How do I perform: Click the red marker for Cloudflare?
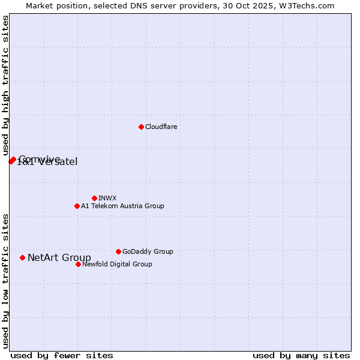[141, 127]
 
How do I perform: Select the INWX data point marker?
[94, 198]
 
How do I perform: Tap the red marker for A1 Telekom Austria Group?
[77, 206]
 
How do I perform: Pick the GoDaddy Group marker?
[118, 251]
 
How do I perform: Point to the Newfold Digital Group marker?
[78, 264]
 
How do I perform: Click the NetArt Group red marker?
[23, 257]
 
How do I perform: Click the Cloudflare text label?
[161, 127]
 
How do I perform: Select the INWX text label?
[107, 198]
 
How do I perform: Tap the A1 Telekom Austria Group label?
[122, 206]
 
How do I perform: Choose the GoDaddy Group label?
[148, 251]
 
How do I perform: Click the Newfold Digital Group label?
[117, 264]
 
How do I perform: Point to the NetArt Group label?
[59, 258]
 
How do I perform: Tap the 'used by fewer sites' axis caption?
[62, 355]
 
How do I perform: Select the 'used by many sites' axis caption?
[301, 355]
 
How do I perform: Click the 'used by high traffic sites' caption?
[5, 86]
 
